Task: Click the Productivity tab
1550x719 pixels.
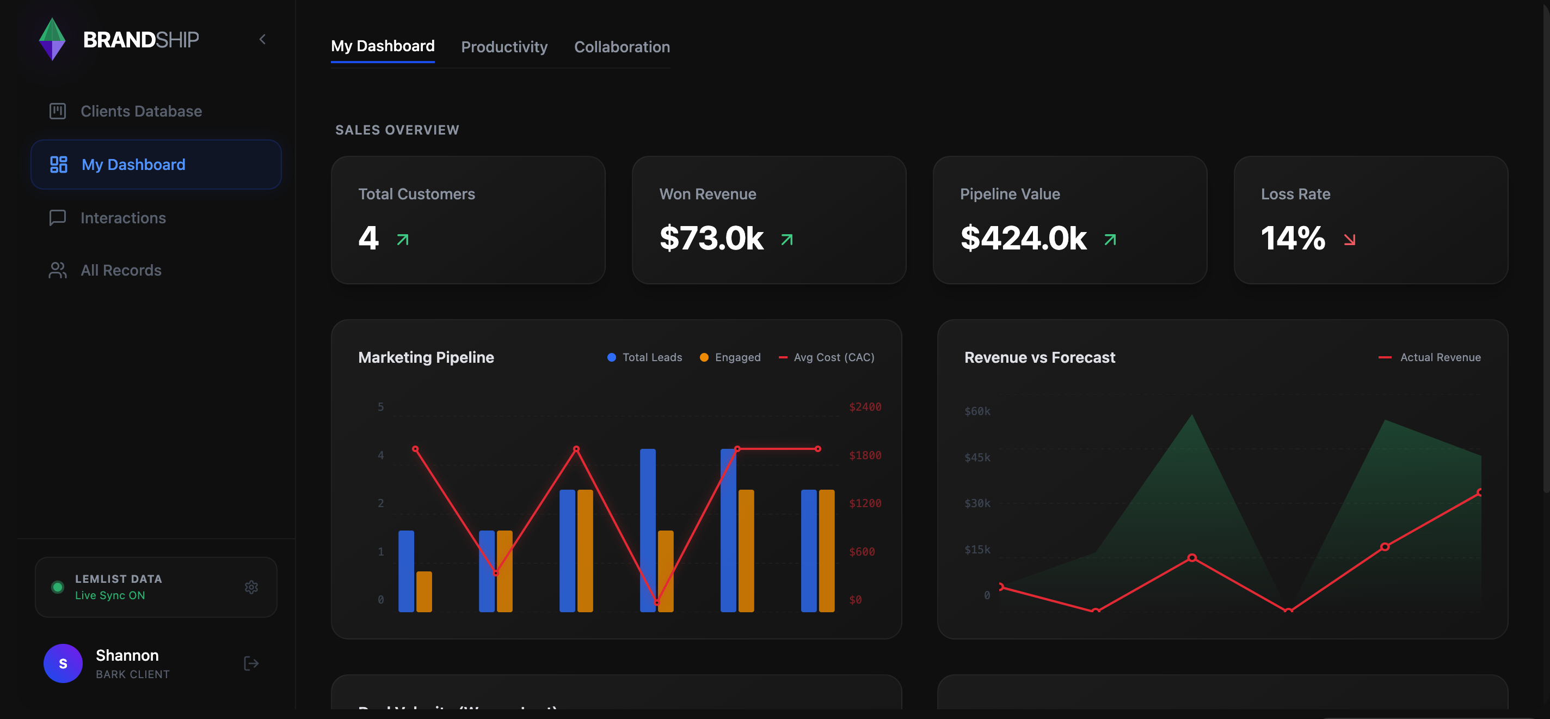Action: pos(503,47)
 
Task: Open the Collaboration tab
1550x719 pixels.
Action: pos(622,47)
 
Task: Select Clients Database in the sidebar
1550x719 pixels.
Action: pos(141,112)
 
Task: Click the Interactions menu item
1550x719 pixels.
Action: pos(123,218)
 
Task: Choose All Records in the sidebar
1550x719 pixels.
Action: pos(121,270)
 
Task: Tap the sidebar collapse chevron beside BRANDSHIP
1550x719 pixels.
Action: pos(262,40)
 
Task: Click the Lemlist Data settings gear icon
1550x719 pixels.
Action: pos(251,587)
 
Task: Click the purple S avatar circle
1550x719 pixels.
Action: pos(63,663)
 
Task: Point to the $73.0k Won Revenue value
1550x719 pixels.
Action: pos(711,239)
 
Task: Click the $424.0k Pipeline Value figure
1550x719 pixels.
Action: pos(1023,239)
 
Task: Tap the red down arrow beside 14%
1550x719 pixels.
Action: pos(1350,240)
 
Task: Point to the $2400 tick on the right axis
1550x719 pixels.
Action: pos(865,407)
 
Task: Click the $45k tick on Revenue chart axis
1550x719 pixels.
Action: pos(976,458)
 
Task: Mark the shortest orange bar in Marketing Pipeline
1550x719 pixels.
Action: pos(423,592)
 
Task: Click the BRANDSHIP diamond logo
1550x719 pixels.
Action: pos(52,40)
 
